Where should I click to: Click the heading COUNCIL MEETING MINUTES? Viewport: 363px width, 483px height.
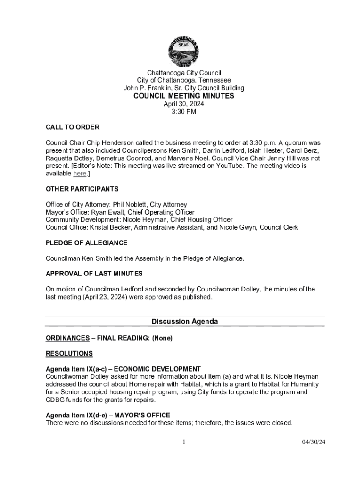point(184,96)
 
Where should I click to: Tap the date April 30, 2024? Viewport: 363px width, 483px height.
point(184,104)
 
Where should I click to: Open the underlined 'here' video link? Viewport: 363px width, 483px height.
point(80,174)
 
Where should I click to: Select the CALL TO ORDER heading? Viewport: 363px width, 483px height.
point(73,127)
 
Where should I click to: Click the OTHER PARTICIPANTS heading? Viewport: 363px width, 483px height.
point(82,189)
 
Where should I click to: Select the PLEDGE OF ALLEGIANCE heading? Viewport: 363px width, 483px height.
point(87,243)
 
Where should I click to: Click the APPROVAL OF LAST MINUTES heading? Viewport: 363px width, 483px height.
point(94,274)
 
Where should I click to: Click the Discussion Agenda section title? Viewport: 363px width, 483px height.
point(185,322)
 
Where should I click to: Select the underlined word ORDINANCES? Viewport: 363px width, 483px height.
point(67,338)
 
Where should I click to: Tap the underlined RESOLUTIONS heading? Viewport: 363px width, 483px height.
point(69,354)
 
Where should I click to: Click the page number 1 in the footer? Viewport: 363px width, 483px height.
point(184,442)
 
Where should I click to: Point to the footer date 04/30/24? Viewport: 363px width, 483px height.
point(314,442)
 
